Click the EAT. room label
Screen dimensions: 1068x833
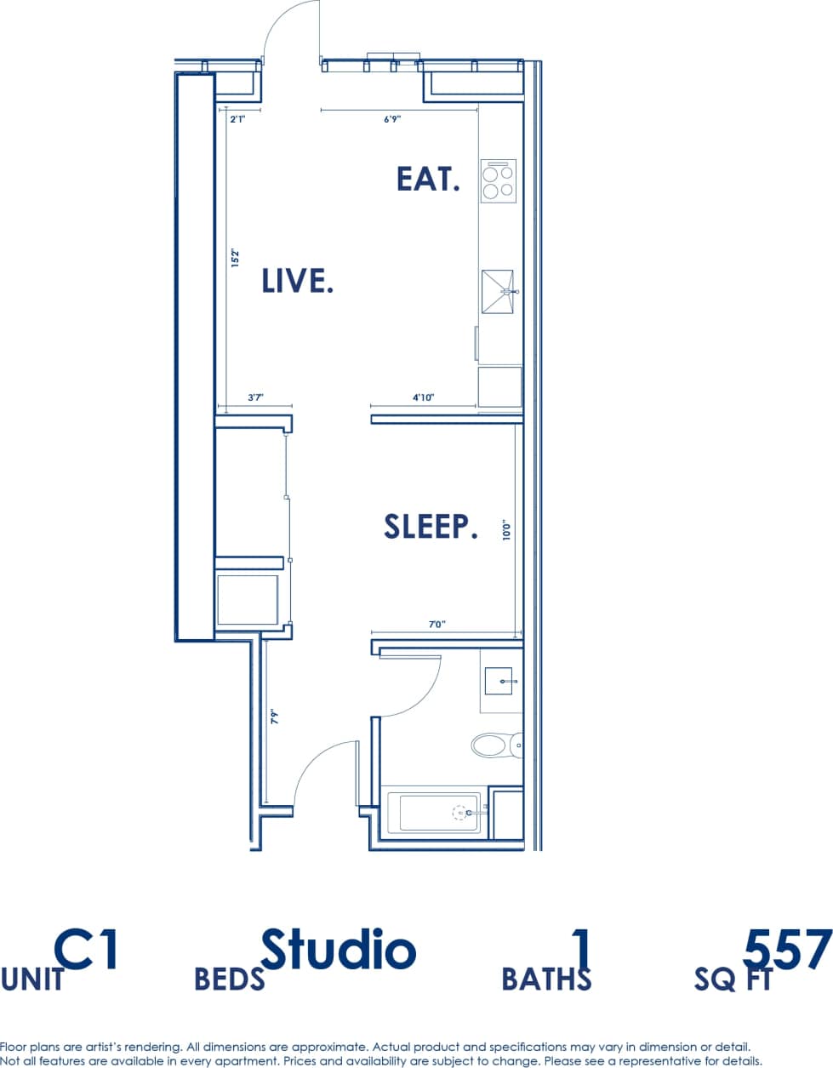click(428, 179)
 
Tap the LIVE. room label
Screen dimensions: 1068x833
click(296, 280)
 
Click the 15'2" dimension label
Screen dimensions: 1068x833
click(236, 259)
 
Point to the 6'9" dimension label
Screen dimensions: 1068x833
click(392, 120)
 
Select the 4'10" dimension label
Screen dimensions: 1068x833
click(423, 397)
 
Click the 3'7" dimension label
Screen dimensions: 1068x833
click(255, 397)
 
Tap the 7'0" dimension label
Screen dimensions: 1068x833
click(436, 625)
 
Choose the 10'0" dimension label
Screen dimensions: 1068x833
click(506, 531)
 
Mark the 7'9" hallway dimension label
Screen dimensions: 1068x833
click(274, 717)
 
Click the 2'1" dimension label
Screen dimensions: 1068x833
click(237, 120)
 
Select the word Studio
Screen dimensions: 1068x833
click(338, 949)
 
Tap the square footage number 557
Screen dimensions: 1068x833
click(786, 949)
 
